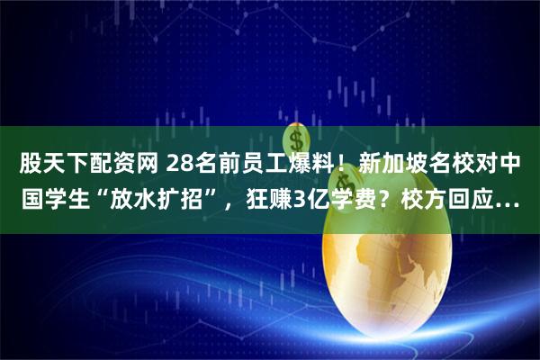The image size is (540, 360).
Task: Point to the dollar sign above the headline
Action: [x=294, y=140]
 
